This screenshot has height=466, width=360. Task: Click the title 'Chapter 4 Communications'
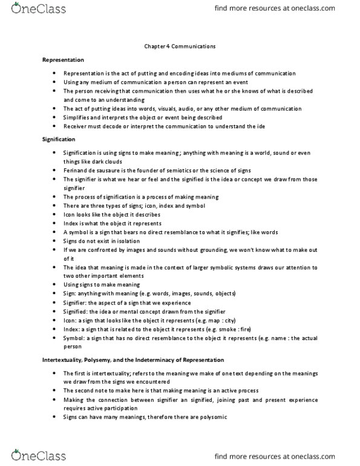(179, 45)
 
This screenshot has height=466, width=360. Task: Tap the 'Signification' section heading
(58, 140)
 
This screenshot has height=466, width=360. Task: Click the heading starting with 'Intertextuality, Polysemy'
(125, 360)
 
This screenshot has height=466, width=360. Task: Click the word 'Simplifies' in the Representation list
(77, 117)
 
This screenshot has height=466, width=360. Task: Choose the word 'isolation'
(125, 241)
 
